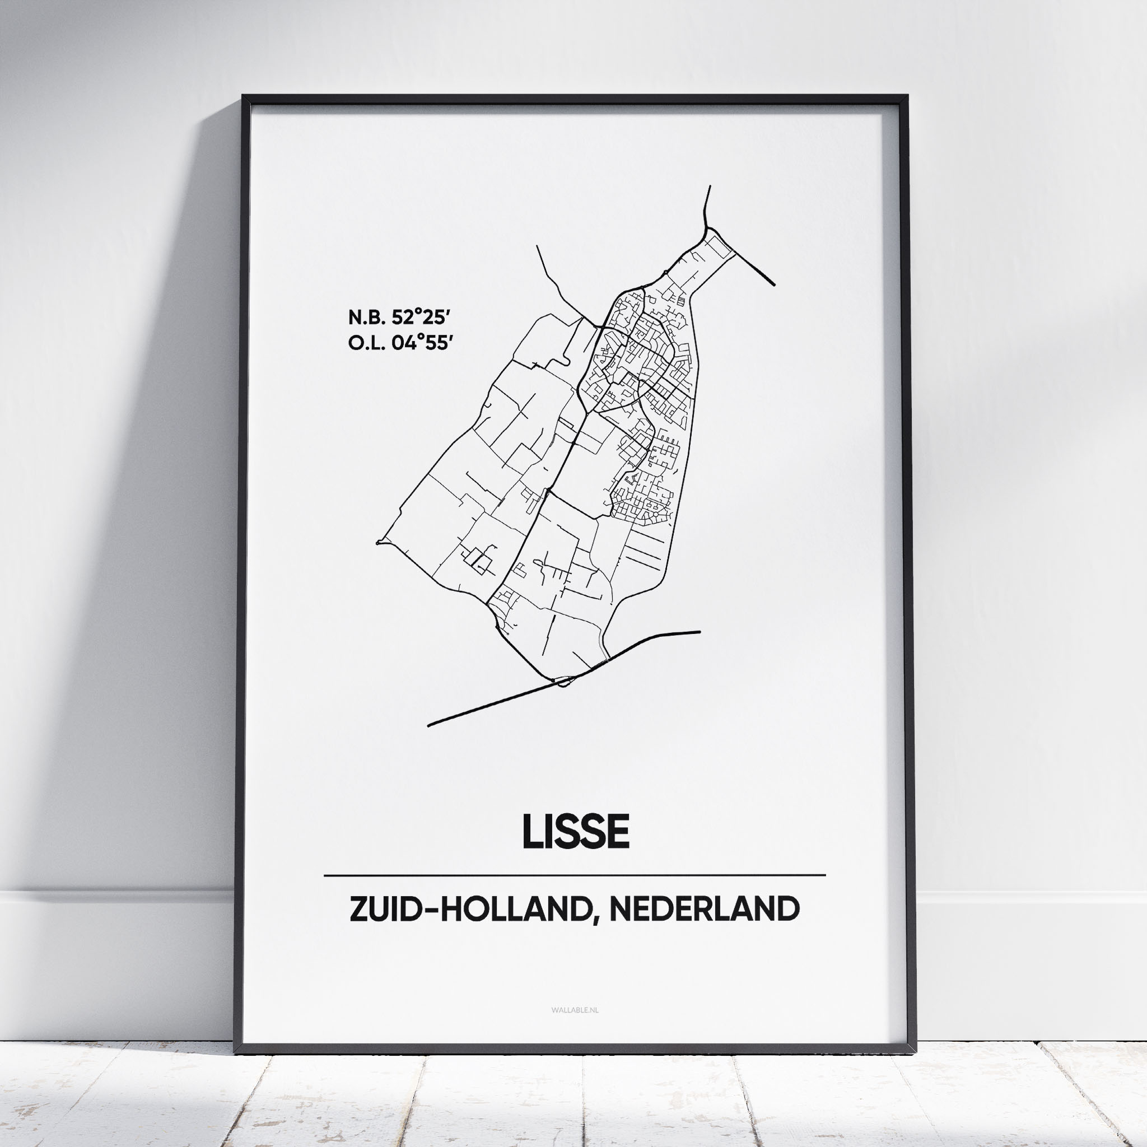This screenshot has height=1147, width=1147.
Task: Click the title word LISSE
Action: pos(575,832)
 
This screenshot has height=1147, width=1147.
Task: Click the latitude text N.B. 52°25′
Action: pos(397,318)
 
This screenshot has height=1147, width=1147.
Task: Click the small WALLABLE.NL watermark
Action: pos(575,1009)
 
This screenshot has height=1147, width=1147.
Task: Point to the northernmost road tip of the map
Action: pos(710,187)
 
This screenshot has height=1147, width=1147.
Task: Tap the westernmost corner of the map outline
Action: pos(378,542)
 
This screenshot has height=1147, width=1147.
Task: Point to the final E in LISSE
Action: pos(617,832)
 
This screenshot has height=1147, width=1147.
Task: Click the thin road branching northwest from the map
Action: pos(558,285)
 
